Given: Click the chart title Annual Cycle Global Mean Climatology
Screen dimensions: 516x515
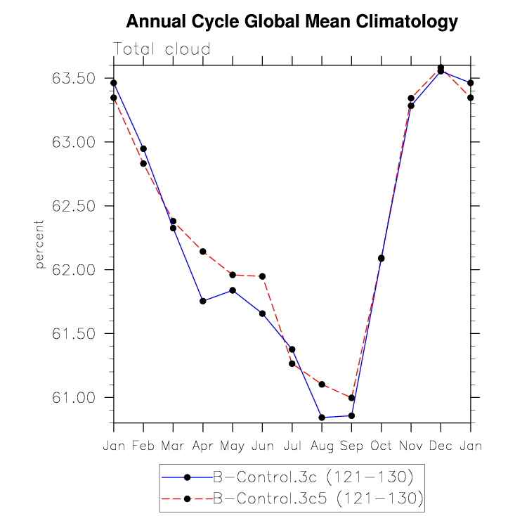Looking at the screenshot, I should coord(292,22).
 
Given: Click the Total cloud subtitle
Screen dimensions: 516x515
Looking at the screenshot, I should coord(162,49).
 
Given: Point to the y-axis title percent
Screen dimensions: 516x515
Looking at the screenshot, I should coord(39,244).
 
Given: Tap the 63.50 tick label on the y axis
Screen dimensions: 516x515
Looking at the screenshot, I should coord(74,78).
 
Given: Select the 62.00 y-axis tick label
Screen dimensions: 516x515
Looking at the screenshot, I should coord(74,270).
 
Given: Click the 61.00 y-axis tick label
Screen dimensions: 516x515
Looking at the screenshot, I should coord(74,398).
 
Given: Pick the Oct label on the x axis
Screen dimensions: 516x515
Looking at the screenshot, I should coord(382,446).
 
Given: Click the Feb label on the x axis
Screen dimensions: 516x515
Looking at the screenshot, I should coord(143,446).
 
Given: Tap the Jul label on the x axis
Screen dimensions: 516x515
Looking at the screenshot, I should coord(292,446).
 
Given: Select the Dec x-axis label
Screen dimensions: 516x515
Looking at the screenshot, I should coord(441,446).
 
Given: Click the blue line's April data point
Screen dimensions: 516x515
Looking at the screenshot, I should coord(203,301).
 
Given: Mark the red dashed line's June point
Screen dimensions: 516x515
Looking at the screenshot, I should coord(262,276).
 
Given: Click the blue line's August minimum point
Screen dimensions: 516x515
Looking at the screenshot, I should coord(322,418).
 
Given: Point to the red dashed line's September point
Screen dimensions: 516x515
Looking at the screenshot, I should coord(351,398).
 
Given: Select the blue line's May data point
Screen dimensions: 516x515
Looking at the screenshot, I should coord(233,290).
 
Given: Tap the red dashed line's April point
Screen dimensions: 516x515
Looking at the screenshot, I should coord(203,251).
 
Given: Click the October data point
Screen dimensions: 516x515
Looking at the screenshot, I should coord(382,258).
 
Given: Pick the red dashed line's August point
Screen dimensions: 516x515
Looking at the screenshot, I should coord(322,385).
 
